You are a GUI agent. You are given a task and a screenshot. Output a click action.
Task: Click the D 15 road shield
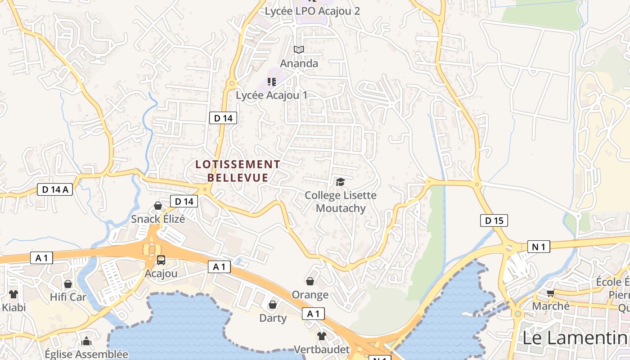[x=494, y=220]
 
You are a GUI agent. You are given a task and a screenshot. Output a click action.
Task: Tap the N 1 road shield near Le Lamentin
[x=539, y=247]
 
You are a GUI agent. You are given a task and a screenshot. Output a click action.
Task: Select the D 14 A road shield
[x=55, y=189]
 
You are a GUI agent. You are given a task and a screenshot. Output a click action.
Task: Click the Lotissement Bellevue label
[x=238, y=171]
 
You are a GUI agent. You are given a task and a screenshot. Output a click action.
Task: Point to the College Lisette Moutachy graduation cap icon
[x=340, y=182]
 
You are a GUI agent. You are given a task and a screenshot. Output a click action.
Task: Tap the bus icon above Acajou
[x=161, y=260]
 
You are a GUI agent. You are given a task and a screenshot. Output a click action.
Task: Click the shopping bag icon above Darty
[x=272, y=305]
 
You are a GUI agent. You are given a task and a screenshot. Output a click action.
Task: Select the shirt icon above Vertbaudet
[x=321, y=336]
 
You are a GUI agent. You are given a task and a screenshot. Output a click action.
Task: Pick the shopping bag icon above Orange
[x=310, y=281]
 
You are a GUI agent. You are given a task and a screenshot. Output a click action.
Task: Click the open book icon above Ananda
[x=299, y=49]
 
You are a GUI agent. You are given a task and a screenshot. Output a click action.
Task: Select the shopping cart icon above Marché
[x=550, y=293]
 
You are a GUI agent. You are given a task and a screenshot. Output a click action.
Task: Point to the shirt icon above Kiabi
[x=13, y=294]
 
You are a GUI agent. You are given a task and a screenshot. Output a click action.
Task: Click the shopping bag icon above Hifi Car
[x=68, y=284]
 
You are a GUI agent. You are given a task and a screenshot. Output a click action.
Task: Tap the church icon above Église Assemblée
[x=86, y=342]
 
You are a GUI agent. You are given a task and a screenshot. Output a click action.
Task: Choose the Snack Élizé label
[x=158, y=219]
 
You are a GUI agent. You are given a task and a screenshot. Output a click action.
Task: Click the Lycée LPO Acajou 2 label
[x=312, y=11]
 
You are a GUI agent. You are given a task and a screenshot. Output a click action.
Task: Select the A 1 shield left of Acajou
[x=42, y=258]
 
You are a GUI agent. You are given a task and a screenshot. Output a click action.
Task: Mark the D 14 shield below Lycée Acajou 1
[x=223, y=118]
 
